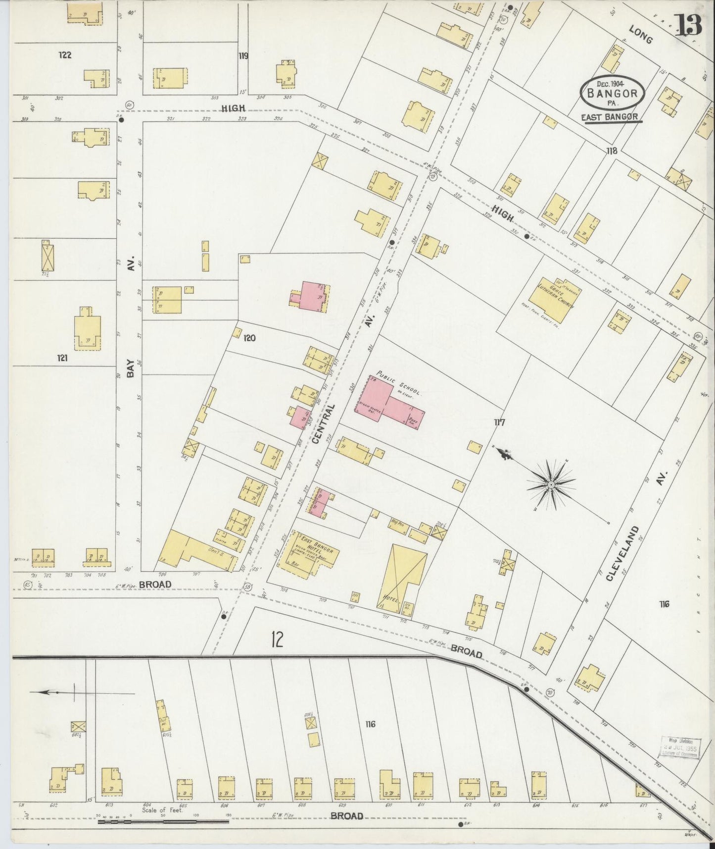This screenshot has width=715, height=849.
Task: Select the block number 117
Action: pyautogui.click(x=499, y=423)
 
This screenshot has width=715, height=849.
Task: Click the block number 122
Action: pyautogui.click(x=65, y=55)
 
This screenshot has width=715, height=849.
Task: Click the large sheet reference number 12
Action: pyautogui.click(x=277, y=639)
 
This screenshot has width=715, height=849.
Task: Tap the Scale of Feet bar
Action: pyautogui.click(x=163, y=822)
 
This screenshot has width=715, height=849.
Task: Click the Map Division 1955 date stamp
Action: pyautogui.click(x=680, y=747)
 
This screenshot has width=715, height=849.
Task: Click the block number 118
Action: pyautogui.click(x=612, y=151)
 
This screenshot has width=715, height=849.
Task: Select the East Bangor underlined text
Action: pyautogui.click(x=613, y=117)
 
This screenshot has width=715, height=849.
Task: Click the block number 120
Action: pyautogui.click(x=249, y=338)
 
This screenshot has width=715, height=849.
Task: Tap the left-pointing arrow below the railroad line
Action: pyautogui.click(x=49, y=692)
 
